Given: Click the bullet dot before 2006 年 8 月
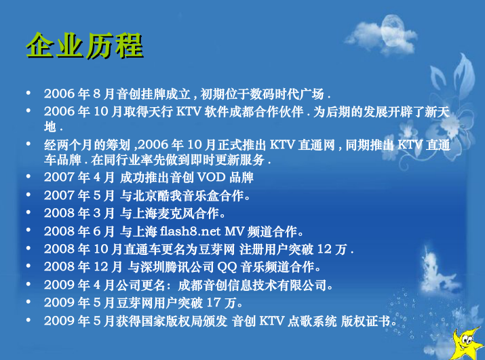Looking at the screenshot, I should pos(28,92).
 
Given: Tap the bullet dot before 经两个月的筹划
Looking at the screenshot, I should pos(28,144).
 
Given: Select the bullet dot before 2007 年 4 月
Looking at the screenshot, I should pos(28,178).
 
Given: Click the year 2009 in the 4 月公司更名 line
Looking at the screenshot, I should pos(58,285).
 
